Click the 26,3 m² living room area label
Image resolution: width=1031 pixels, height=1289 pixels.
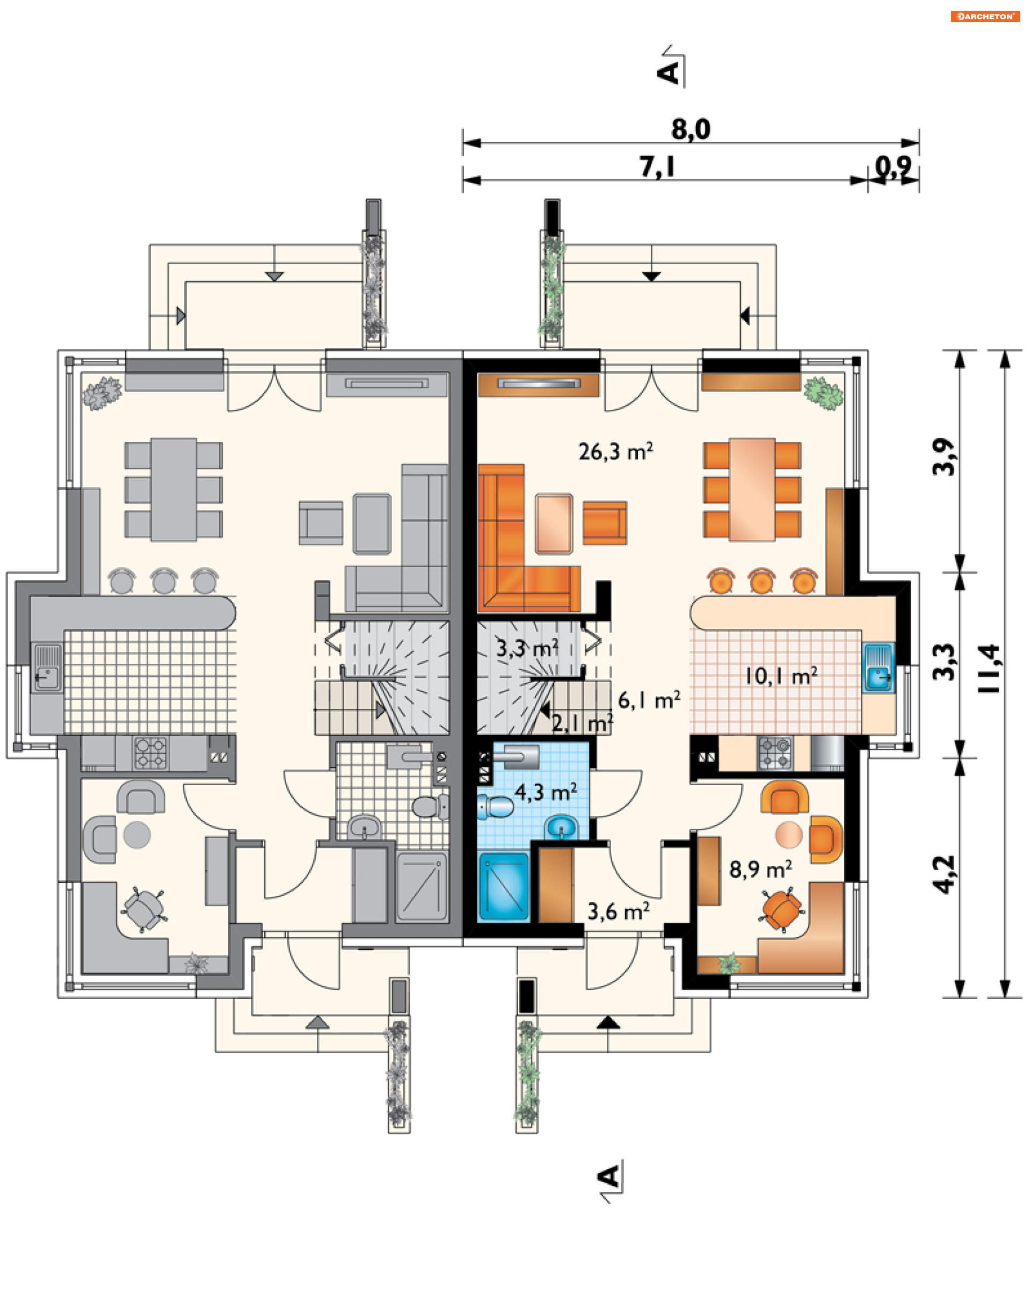615,451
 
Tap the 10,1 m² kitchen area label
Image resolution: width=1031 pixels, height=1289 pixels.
781,676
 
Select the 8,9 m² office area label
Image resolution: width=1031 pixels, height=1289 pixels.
760,868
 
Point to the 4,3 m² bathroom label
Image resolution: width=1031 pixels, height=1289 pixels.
546,792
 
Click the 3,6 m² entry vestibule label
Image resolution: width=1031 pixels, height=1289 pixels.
618,911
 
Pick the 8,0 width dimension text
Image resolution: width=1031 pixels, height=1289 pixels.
691,129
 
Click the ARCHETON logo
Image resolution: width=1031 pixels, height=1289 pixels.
985,16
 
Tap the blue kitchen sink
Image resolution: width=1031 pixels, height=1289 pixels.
877,667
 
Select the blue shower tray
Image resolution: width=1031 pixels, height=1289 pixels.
503,887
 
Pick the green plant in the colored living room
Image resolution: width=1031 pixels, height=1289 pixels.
823,393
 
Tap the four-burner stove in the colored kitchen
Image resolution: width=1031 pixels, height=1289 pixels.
775,752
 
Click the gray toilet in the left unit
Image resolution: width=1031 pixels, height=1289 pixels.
430,807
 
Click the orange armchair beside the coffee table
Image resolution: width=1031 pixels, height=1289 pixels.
604,523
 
